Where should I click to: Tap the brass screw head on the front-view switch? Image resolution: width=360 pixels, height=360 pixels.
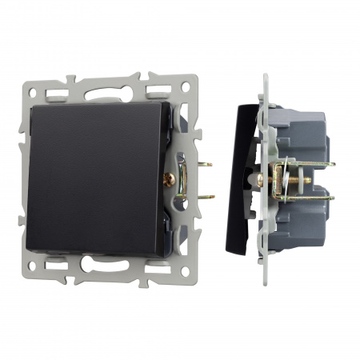tap(169, 180)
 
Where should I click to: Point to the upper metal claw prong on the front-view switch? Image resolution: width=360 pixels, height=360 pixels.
tap(206, 164)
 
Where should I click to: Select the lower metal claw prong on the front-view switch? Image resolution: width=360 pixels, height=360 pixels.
tap(206, 195)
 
